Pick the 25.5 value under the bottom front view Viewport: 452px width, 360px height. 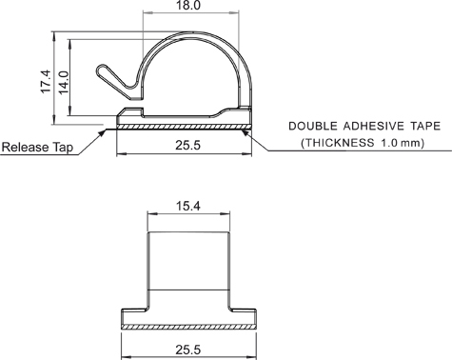click(x=188, y=349)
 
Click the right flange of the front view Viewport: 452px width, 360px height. click(x=245, y=316)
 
